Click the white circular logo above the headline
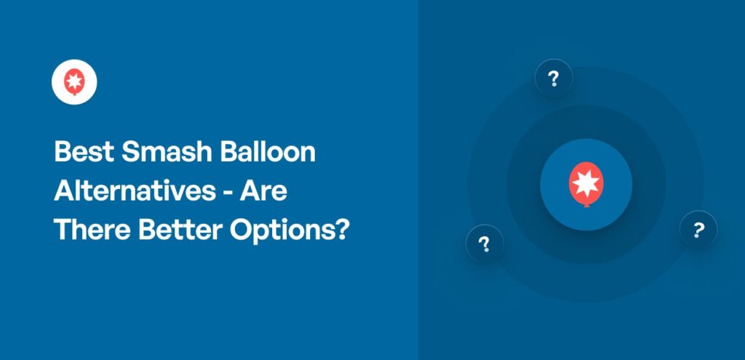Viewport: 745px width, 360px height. point(74,81)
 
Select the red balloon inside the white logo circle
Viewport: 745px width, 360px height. point(74,81)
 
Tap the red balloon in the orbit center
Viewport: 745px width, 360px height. point(586,183)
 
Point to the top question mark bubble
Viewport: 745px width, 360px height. point(554,79)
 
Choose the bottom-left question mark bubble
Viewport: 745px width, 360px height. point(485,244)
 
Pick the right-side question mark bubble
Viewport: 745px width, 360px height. point(698,231)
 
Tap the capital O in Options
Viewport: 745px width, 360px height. point(241,231)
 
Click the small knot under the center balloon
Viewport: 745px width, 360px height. point(586,204)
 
